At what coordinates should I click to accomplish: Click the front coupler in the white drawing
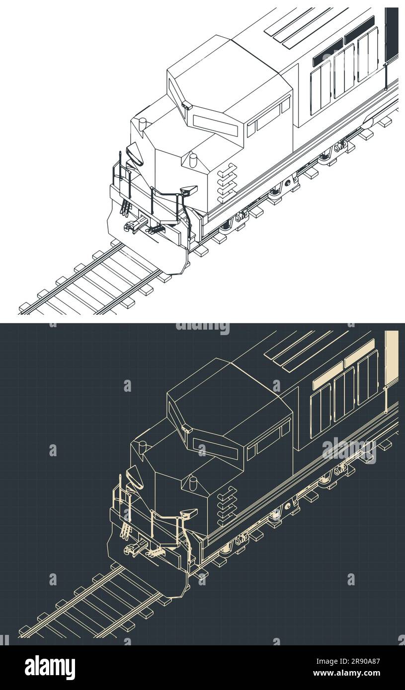pos(133,226)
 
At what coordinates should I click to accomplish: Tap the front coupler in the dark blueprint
pos(133,549)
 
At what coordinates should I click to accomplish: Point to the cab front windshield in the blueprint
pos(215,448)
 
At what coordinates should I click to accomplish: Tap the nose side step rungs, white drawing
pos(227,183)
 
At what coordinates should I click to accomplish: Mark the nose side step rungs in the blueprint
pos(227,505)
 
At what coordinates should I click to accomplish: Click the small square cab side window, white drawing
pos(285,105)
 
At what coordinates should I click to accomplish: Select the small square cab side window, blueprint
pos(285,428)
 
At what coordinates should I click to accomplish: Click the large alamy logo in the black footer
pos(50,667)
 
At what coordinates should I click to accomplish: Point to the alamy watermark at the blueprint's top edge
pos(203,327)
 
